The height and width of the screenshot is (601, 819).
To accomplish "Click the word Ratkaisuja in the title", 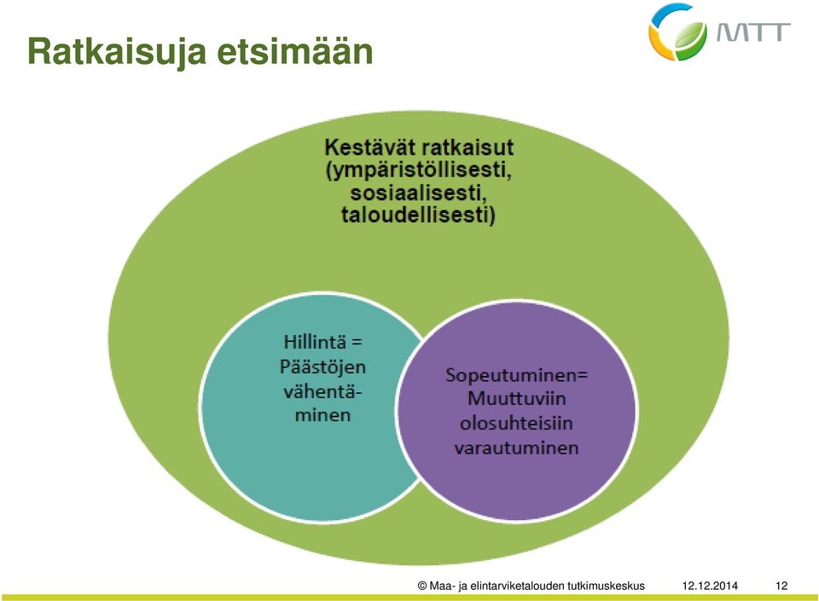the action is coord(117,52).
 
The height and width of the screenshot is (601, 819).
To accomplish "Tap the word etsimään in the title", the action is coord(295,51).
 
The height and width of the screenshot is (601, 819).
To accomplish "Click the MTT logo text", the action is coord(753,32).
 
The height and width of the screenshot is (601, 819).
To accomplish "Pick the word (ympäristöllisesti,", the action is coord(418,171).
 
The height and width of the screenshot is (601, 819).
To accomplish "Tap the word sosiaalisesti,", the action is coord(418,194).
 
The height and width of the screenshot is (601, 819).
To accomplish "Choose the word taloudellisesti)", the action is coord(418,216).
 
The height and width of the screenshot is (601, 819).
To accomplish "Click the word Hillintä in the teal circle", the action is coord(315,342).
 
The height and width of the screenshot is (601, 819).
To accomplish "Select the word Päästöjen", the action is coord(322,367).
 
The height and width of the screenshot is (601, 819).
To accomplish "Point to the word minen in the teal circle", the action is coord(322,415).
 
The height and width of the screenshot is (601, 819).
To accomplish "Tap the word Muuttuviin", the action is coord(517,399).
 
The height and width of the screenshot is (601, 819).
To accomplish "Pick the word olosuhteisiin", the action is coord(517,423).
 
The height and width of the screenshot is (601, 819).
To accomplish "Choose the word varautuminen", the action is coord(517,448).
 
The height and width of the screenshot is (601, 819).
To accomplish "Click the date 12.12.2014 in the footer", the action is coord(710,586).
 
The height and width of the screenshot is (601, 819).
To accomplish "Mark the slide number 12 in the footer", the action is coord(781,586).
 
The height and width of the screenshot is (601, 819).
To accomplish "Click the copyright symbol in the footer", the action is coord(422,586).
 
